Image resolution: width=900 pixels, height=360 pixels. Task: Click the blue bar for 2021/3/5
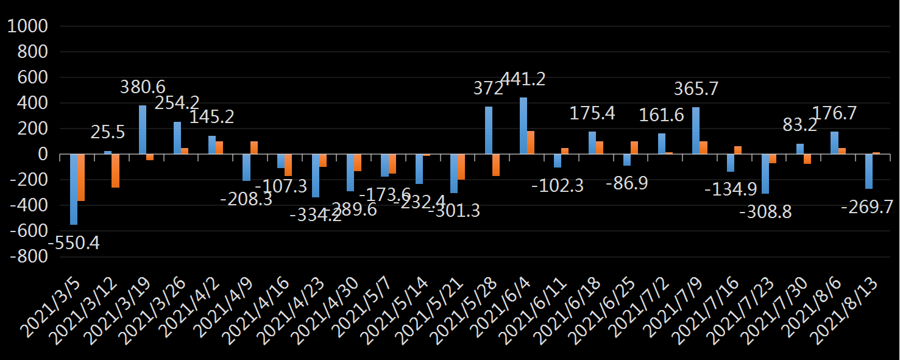coord(74,189)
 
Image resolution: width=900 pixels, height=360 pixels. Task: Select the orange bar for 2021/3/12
coord(115,171)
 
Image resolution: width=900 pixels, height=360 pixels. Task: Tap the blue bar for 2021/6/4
coord(523,126)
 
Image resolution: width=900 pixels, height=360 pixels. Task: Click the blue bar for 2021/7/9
coord(696,131)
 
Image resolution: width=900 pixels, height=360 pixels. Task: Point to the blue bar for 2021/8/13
coord(868,171)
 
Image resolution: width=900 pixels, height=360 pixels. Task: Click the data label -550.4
coord(74,244)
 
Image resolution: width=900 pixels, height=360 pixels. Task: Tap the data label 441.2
coord(523,79)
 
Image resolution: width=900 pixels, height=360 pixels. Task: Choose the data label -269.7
coord(867,207)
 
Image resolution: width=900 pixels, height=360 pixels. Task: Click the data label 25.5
coord(109,132)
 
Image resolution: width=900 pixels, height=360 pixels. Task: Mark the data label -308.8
coord(765,213)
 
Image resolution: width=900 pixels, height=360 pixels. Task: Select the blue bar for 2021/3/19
coord(143,130)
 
